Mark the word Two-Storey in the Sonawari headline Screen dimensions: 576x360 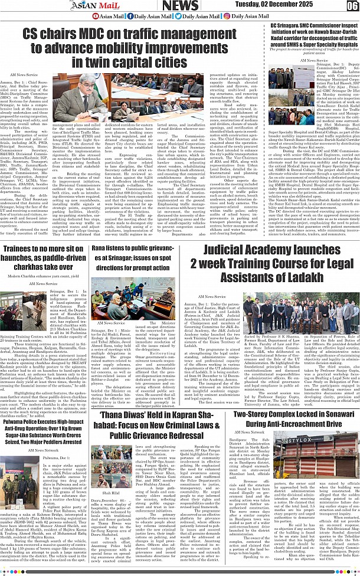pyautogui.click(x=256, y=415)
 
